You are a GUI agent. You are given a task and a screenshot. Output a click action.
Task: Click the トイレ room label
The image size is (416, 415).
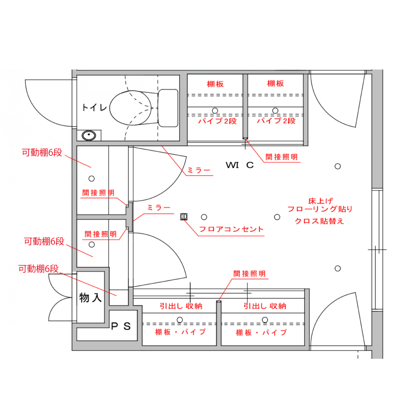[x=94, y=108]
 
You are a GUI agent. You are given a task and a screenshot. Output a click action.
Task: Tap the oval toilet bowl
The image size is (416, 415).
[x=131, y=108]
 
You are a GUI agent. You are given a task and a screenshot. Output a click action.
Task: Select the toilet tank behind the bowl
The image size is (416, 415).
[x=168, y=108]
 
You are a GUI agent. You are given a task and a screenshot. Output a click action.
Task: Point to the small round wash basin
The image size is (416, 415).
[x=89, y=135]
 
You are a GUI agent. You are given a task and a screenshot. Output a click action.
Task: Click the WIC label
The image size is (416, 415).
[x=240, y=165]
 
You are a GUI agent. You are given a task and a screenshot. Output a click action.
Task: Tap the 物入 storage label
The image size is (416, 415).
[x=91, y=297]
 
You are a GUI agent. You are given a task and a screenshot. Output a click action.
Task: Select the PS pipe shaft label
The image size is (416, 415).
[x=121, y=326]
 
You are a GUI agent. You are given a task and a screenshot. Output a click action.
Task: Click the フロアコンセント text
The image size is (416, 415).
[x=231, y=229]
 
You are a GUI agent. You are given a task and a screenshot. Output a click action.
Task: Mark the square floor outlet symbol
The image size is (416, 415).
[x=184, y=216]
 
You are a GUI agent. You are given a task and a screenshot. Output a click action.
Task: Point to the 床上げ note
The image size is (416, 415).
[x=320, y=201]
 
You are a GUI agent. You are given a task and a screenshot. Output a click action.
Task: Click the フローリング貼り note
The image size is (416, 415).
[x=320, y=209]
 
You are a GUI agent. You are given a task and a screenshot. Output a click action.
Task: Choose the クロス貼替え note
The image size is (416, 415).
[x=319, y=221]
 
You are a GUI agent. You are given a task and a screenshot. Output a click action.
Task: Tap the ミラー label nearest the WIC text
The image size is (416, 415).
[x=199, y=170]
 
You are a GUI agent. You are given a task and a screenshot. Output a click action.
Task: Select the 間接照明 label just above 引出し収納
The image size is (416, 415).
[x=250, y=274]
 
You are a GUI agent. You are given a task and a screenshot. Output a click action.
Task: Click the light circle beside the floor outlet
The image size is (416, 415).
[x=204, y=217]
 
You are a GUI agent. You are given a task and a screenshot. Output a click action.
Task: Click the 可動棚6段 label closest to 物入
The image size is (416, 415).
[x=38, y=269]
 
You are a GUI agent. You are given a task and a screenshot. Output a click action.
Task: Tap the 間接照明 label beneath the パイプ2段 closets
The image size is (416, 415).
[x=281, y=157]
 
